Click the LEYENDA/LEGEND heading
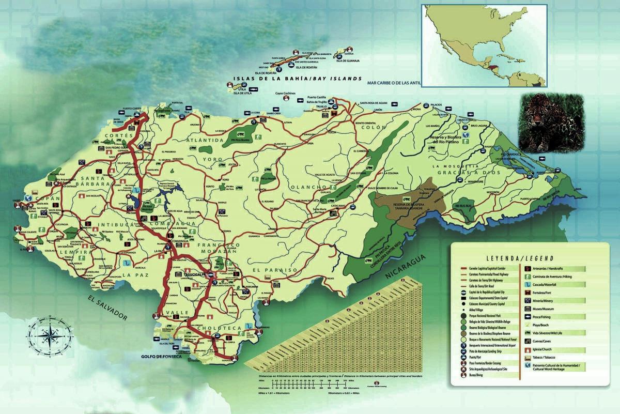[x=519, y=258]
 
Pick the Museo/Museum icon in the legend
[x=529, y=309]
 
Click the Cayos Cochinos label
[x=285, y=94]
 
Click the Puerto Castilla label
[x=319, y=97]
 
